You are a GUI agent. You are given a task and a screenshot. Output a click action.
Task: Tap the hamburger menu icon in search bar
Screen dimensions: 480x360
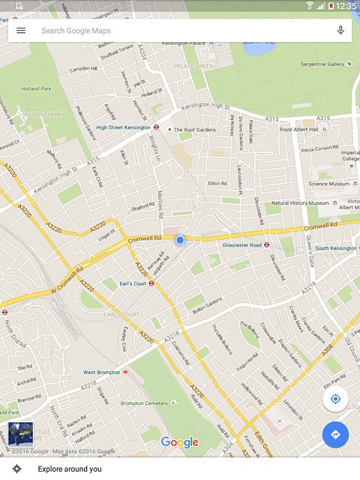click(21, 31)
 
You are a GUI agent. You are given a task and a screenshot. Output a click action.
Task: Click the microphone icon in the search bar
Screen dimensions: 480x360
click(340, 31)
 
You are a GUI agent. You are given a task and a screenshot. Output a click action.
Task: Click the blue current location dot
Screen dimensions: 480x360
click(180, 240)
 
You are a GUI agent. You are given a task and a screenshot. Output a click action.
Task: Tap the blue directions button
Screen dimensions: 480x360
click(335, 434)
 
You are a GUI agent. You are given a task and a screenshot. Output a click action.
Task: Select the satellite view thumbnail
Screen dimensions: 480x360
click(20, 434)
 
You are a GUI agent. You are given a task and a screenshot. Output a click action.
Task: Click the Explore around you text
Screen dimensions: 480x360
click(70, 469)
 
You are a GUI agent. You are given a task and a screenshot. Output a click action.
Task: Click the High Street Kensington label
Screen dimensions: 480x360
click(123, 127)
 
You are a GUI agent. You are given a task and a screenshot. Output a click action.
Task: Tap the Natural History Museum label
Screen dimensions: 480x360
click(300, 203)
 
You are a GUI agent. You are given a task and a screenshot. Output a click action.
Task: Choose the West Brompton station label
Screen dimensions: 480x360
click(100, 372)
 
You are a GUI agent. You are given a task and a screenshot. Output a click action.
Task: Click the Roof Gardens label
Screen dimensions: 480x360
click(193, 130)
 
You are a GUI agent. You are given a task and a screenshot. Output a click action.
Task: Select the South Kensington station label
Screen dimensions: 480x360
click(335, 248)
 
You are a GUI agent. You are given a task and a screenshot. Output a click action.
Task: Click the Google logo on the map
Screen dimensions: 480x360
click(180, 442)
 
